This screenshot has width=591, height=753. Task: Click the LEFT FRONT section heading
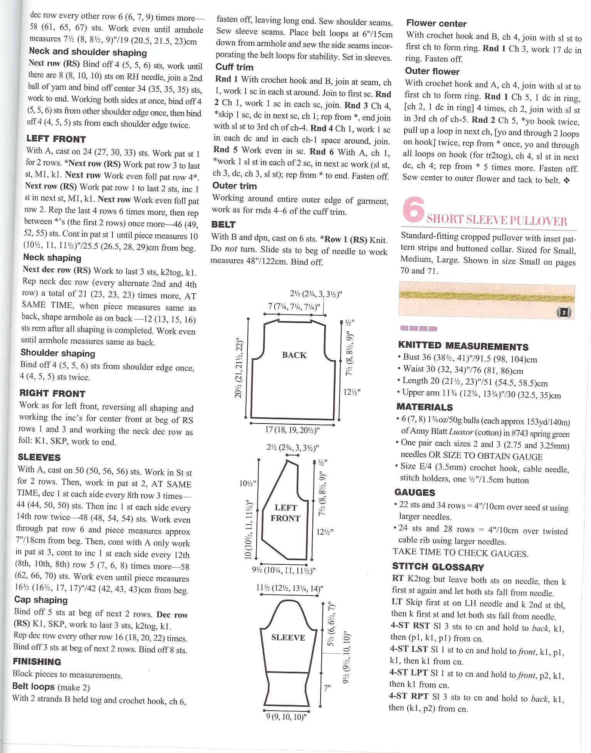[x=56, y=139]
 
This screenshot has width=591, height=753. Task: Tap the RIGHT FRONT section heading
[x=52, y=393]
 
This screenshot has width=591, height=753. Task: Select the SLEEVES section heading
[x=39, y=457]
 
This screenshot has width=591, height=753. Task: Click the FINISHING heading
[x=37, y=662]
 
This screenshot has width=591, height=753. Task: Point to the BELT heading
[x=223, y=224]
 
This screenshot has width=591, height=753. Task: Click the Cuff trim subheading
[x=234, y=67]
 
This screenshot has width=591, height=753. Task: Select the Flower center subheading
[x=436, y=23]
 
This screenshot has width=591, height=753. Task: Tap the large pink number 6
[x=413, y=210]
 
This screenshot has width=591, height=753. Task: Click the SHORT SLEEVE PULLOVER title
[x=497, y=221]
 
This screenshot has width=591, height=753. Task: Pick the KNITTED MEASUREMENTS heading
[x=463, y=346]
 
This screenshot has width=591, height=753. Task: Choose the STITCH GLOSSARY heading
[x=438, y=567]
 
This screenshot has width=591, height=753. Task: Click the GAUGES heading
[x=415, y=492]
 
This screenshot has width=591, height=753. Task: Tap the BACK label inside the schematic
[x=294, y=355]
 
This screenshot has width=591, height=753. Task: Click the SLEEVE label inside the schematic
[x=288, y=638]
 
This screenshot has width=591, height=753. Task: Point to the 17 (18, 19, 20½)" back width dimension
[x=292, y=429]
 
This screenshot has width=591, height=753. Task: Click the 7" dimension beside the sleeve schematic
[x=327, y=688]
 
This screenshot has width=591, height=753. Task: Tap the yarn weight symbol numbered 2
[x=564, y=313]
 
